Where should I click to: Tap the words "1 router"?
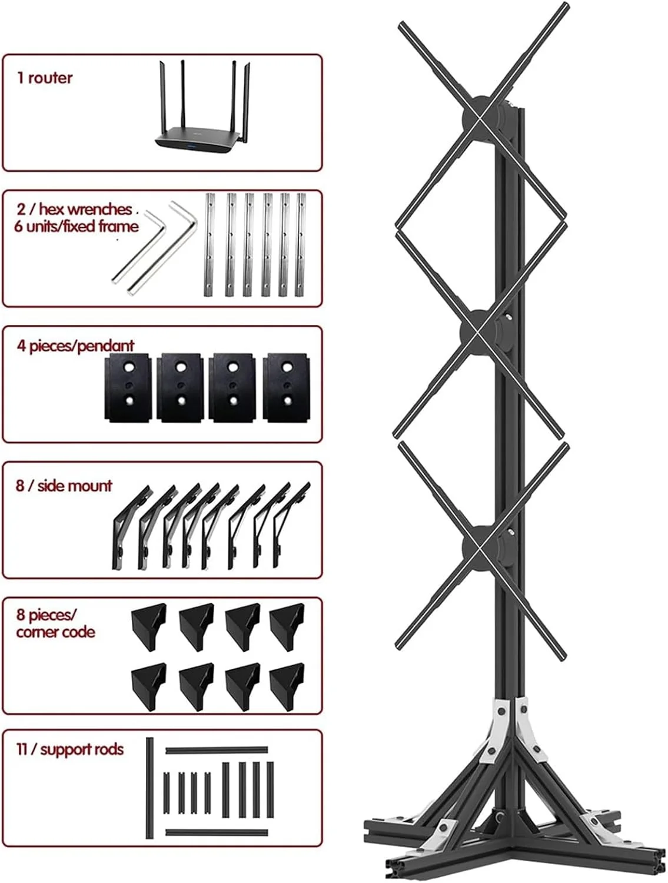coord(45,78)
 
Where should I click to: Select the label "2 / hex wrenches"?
coord(74,209)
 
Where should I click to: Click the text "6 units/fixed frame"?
coord(77,227)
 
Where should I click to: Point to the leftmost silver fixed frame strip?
coord(210,245)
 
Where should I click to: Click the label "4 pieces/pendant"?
coord(75,346)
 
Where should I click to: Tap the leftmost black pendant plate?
coord(128,388)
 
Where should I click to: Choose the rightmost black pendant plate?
coord(287,388)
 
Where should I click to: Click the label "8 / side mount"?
coord(64,486)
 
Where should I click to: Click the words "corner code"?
coord(55,632)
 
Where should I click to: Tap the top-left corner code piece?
coord(149,627)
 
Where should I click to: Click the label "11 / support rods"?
coord(70,749)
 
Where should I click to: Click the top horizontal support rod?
coord(217,750)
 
